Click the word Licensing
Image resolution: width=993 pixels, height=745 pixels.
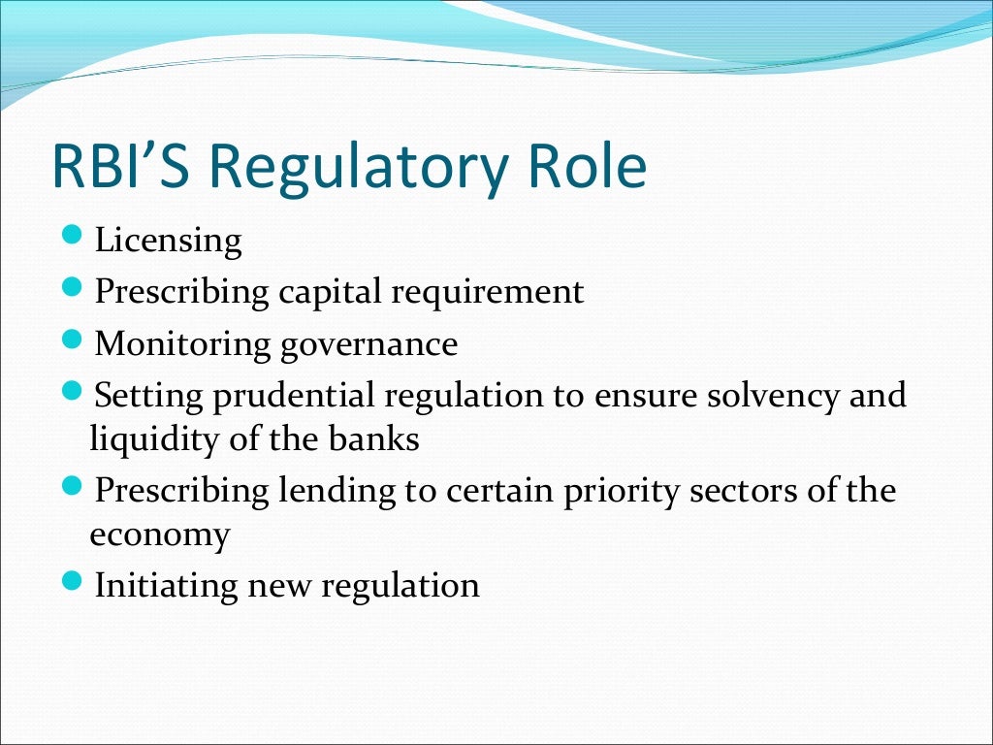(x=168, y=242)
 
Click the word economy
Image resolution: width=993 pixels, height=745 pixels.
(x=159, y=536)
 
